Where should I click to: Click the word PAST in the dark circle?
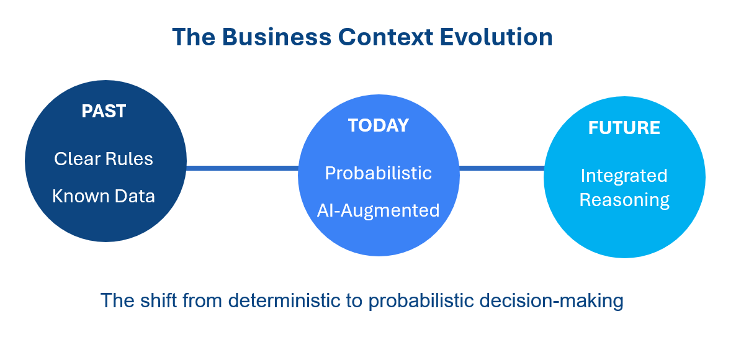[x=104, y=111]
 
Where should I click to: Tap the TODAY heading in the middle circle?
[x=378, y=125]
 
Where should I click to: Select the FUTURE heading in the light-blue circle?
[x=624, y=128]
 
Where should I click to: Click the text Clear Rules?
[x=104, y=159]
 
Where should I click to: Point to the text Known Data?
[x=104, y=196]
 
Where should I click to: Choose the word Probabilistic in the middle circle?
[x=378, y=173]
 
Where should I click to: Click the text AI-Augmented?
[x=378, y=210]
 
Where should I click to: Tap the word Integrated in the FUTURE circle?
[x=624, y=176]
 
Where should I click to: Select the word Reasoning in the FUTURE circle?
[x=624, y=199]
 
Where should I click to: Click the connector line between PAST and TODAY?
[x=242, y=168]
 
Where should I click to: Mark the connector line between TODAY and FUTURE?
[x=501, y=168]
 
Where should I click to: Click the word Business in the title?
[x=277, y=37]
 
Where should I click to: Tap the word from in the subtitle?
[x=202, y=300]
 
